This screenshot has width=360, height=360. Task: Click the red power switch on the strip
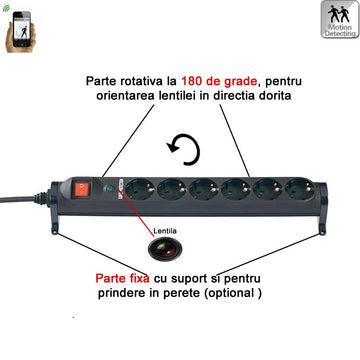pos(82,189)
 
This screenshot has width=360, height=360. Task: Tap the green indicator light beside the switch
pos(109,189)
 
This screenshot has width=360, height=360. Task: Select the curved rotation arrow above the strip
pos(184,149)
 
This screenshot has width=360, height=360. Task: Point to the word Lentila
pos(165,231)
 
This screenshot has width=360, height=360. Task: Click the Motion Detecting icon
pos(340,19)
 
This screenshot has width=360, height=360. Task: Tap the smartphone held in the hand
pos(22,29)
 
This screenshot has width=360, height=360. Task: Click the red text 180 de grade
pos(220,81)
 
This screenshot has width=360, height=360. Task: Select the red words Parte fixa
pos(122,278)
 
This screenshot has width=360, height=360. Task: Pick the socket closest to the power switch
pos(140,189)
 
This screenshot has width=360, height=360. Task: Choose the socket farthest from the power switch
pos(300,189)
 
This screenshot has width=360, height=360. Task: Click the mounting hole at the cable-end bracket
pos(54,231)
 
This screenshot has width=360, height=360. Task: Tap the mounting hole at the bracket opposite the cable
pos(322,231)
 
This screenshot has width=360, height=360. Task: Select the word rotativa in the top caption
pos(138,81)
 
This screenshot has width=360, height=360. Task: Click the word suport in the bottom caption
pos(188,279)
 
